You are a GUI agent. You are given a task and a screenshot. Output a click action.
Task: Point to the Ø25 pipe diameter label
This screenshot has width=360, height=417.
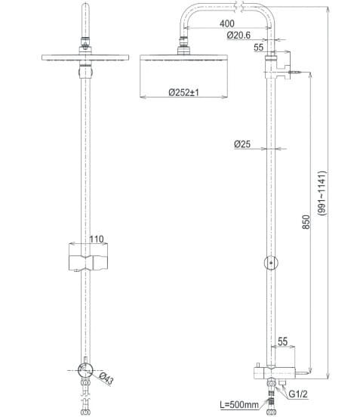coord(242,144)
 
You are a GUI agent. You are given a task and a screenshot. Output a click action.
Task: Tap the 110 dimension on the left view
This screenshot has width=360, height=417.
coord(96,239)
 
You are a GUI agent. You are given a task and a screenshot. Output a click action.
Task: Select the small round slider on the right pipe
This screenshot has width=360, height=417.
coord(272,264)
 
